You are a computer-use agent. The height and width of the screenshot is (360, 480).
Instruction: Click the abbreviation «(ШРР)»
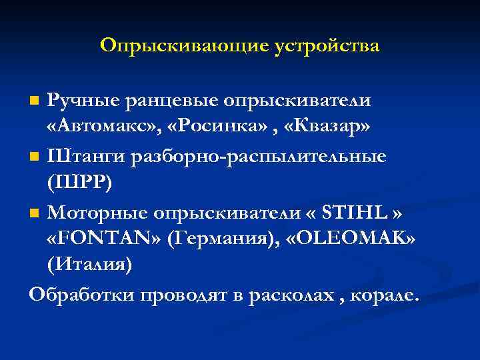pos(79,185)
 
